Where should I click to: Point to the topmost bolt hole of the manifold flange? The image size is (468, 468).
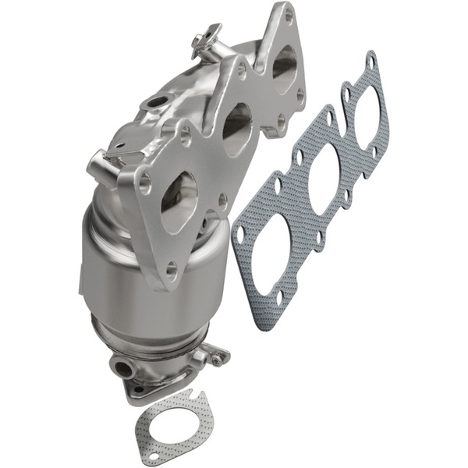pos(288,14)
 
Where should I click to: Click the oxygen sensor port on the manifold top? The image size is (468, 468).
pos(156,101)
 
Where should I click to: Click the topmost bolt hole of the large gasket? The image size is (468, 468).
pos(371,58)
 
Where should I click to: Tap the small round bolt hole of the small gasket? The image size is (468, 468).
pos(153,455)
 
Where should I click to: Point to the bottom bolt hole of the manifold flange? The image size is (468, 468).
pos(170,269)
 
